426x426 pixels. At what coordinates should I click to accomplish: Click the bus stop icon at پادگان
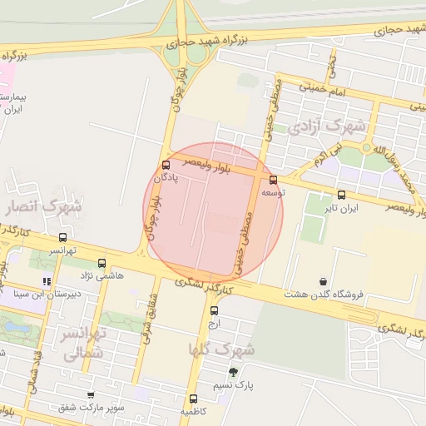(x=166, y=164)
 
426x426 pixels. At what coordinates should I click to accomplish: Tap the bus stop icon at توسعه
(x=273, y=180)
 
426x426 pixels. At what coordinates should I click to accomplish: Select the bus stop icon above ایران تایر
(x=341, y=196)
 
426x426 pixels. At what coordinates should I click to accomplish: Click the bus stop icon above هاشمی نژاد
(x=102, y=263)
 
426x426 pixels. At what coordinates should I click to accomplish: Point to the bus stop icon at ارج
(x=214, y=310)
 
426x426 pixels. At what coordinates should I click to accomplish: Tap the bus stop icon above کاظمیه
(x=194, y=399)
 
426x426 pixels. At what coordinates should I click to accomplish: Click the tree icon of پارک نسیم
(x=233, y=372)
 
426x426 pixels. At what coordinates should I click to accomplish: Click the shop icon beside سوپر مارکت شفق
(x=91, y=395)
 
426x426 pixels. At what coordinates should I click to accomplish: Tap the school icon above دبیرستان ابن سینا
(x=47, y=281)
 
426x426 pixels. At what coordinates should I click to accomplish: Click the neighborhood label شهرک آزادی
(x=329, y=127)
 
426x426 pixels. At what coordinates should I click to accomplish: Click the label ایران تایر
(x=341, y=208)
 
